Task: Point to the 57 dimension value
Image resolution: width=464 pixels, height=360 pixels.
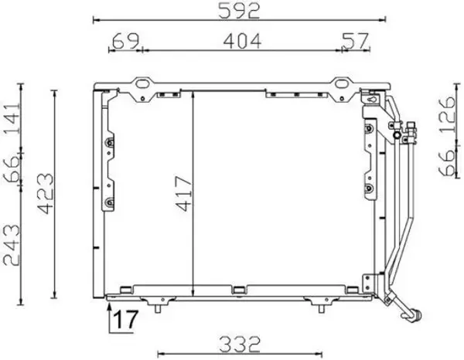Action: pos(356,40)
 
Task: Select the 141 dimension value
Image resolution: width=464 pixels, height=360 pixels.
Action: pos(11,118)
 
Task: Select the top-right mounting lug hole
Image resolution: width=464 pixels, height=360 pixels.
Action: pos(341,82)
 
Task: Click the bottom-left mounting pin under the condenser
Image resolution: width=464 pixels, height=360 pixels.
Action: pos(158,310)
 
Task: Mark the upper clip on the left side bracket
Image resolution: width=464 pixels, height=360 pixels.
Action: pos(110,144)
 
